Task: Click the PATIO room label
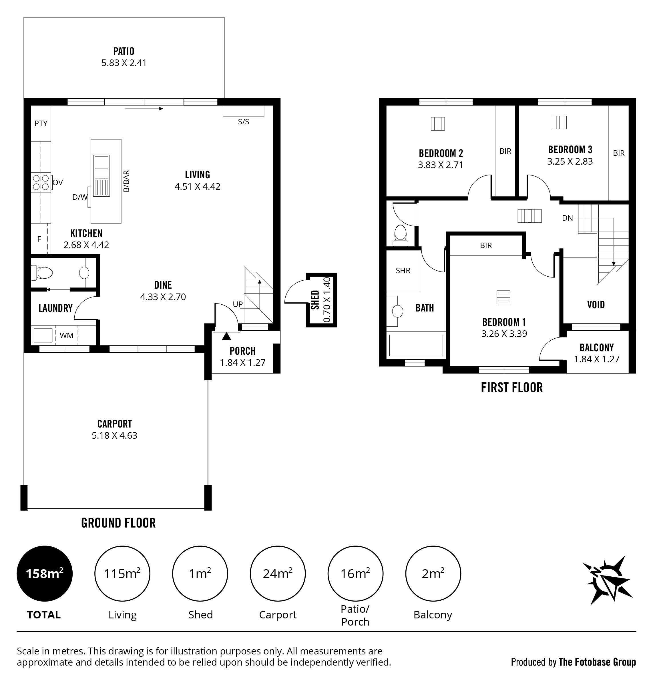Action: point(124,51)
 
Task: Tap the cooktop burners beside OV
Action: point(41,182)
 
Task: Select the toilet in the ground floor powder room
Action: point(42,272)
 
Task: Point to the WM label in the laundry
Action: point(67,335)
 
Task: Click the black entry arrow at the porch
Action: point(227,336)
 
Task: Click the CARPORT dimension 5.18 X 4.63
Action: point(115,436)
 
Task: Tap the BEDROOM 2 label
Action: point(441,153)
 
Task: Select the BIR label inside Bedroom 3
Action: point(618,153)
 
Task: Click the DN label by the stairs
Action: point(567,218)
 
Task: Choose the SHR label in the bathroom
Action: point(403,271)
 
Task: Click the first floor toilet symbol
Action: point(400,235)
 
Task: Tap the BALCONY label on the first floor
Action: point(597,348)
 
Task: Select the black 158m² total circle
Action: point(45,574)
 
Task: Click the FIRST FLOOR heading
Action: point(512,388)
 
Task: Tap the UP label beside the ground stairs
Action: point(238,304)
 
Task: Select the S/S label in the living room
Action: point(244,122)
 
